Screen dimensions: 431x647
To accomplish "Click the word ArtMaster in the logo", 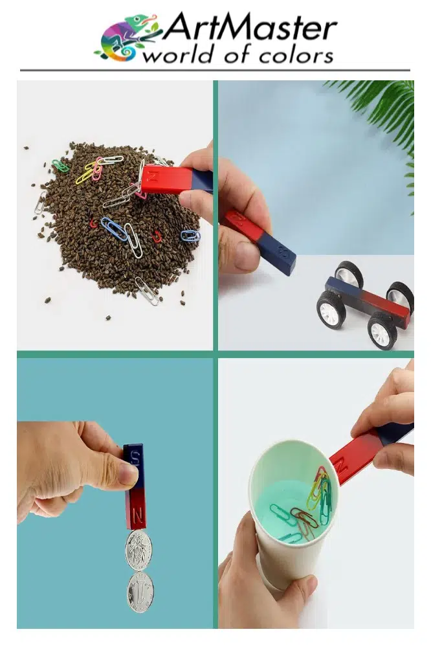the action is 250,28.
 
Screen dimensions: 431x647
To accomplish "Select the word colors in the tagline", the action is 296,56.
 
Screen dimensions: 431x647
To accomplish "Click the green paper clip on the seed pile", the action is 60,165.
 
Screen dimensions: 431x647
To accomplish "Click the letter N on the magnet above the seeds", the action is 152,176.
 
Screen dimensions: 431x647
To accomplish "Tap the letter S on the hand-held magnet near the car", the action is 283,251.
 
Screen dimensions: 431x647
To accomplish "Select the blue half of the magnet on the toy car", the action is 343,289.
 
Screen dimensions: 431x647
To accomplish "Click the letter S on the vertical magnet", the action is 134,457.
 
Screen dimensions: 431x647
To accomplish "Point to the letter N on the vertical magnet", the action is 138,515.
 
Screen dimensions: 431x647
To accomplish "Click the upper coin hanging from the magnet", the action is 138,550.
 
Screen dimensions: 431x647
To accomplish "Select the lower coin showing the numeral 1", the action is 140,592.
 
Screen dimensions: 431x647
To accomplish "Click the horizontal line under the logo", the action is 215,70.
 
